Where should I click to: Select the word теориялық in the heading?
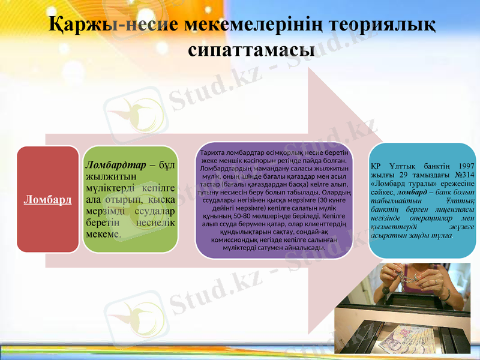tap(385, 25)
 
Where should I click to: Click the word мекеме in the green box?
tap(103, 233)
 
